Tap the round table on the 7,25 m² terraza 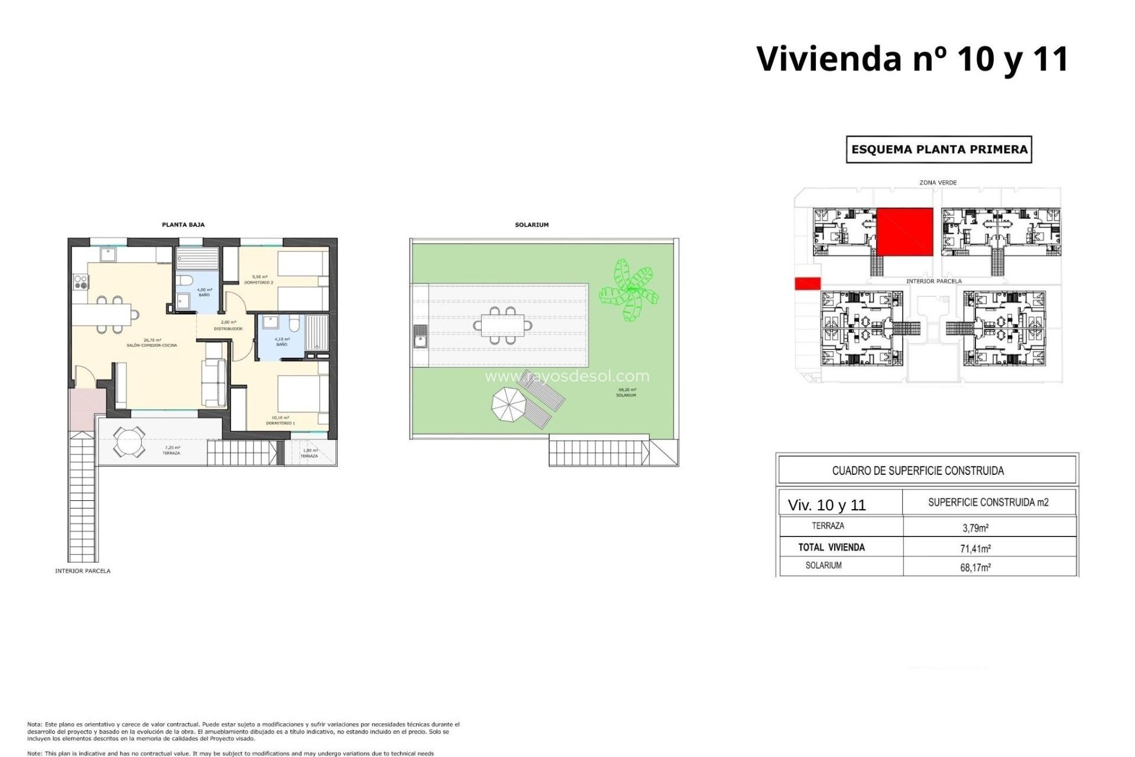tap(129, 442)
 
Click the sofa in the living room tap(214, 383)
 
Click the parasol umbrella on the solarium tap(509, 405)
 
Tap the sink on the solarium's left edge tap(420, 337)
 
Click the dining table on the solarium tap(502, 325)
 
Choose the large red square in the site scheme tap(904, 232)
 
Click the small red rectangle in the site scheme tap(807, 284)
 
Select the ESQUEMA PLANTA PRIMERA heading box tap(939, 150)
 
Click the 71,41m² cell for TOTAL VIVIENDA tap(975, 548)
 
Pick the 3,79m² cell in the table tap(975, 528)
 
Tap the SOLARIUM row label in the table tap(823, 566)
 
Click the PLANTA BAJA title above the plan tap(183, 225)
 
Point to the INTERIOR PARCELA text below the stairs tap(83, 571)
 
